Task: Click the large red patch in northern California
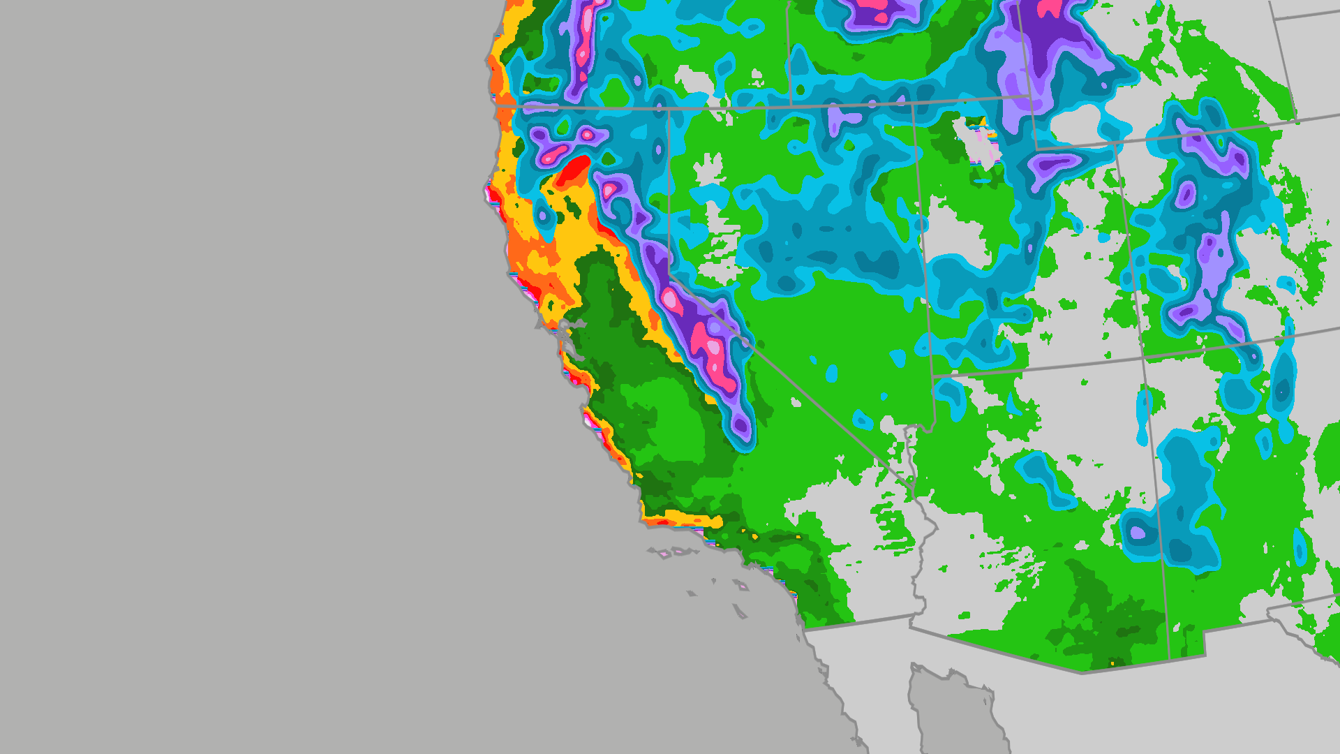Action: click(x=572, y=171)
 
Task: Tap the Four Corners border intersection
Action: click(x=1143, y=358)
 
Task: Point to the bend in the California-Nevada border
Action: click(x=670, y=275)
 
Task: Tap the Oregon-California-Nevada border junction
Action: click(x=668, y=109)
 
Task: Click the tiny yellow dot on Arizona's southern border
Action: click(x=1112, y=663)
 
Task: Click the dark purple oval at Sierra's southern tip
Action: click(x=741, y=425)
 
